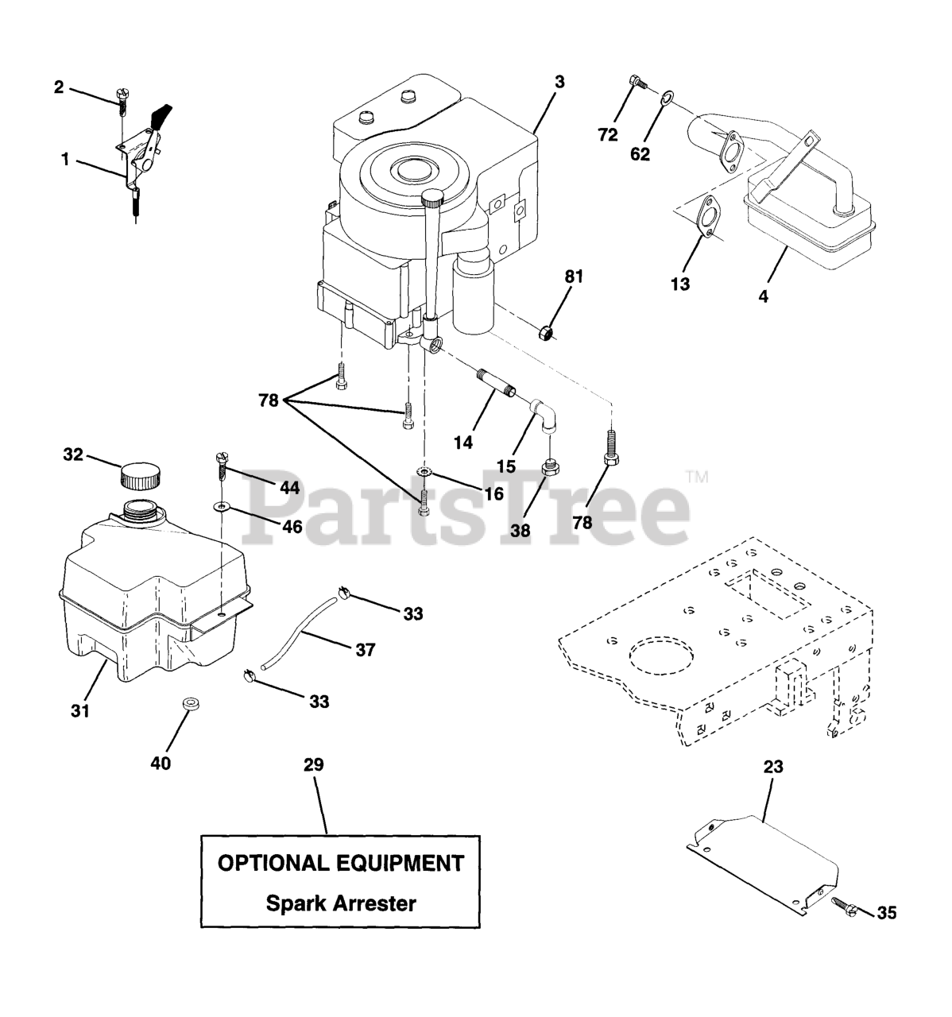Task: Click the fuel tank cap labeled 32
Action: pyautogui.click(x=141, y=478)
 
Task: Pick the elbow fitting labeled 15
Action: pyautogui.click(x=544, y=412)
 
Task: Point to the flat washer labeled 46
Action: pyautogui.click(x=222, y=505)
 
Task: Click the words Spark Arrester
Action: pyautogui.click(x=340, y=903)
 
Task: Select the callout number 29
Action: pyautogui.click(x=314, y=765)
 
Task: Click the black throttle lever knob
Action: pyautogui.click(x=163, y=116)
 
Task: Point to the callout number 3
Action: pyautogui.click(x=559, y=82)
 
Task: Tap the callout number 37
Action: pyautogui.click(x=365, y=650)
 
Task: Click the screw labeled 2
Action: pyautogui.click(x=122, y=99)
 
